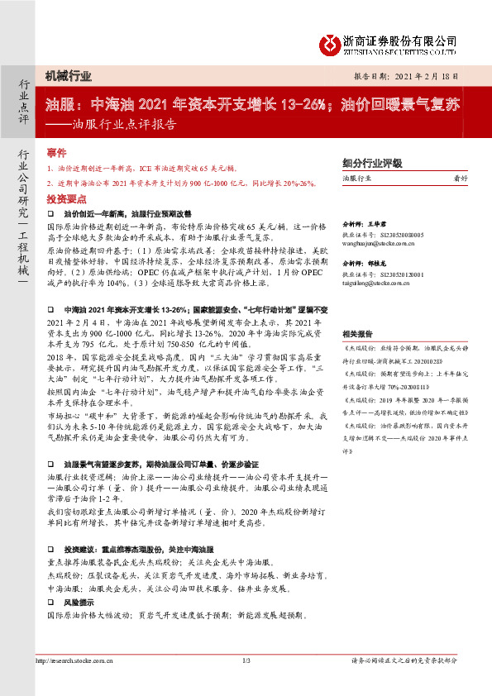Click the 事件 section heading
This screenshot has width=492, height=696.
(56, 154)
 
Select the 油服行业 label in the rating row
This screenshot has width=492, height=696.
(356, 178)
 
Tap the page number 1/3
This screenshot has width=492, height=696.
(246, 661)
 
